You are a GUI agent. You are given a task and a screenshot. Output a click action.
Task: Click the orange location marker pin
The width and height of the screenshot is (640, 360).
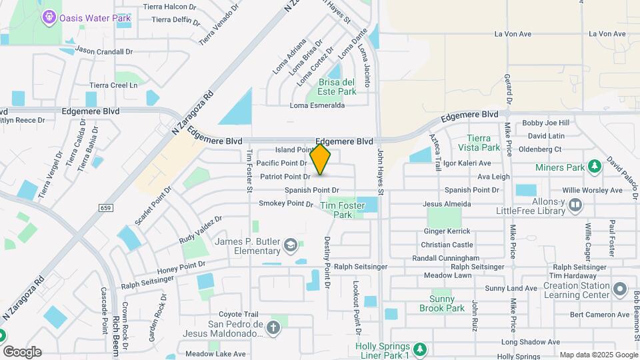point(321,159)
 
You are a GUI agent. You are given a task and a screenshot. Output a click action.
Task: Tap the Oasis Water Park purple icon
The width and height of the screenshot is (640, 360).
point(49,17)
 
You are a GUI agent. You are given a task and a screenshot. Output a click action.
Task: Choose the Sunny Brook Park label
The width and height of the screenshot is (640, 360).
point(441,303)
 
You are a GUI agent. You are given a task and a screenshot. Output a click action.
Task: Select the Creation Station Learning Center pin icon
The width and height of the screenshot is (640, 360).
point(620,289)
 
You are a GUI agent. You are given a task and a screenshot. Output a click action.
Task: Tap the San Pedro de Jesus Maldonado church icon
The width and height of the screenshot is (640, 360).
point(272,327)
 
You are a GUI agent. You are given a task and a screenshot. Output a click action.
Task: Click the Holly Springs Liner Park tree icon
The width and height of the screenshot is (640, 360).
point(419,349)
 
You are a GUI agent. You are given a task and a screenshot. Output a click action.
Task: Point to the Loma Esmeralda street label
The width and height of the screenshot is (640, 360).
point(317,105)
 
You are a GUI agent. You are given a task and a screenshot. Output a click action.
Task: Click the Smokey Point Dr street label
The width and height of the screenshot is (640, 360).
point(285,203)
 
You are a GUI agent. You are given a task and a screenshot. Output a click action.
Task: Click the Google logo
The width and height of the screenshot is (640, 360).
point(22,352)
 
